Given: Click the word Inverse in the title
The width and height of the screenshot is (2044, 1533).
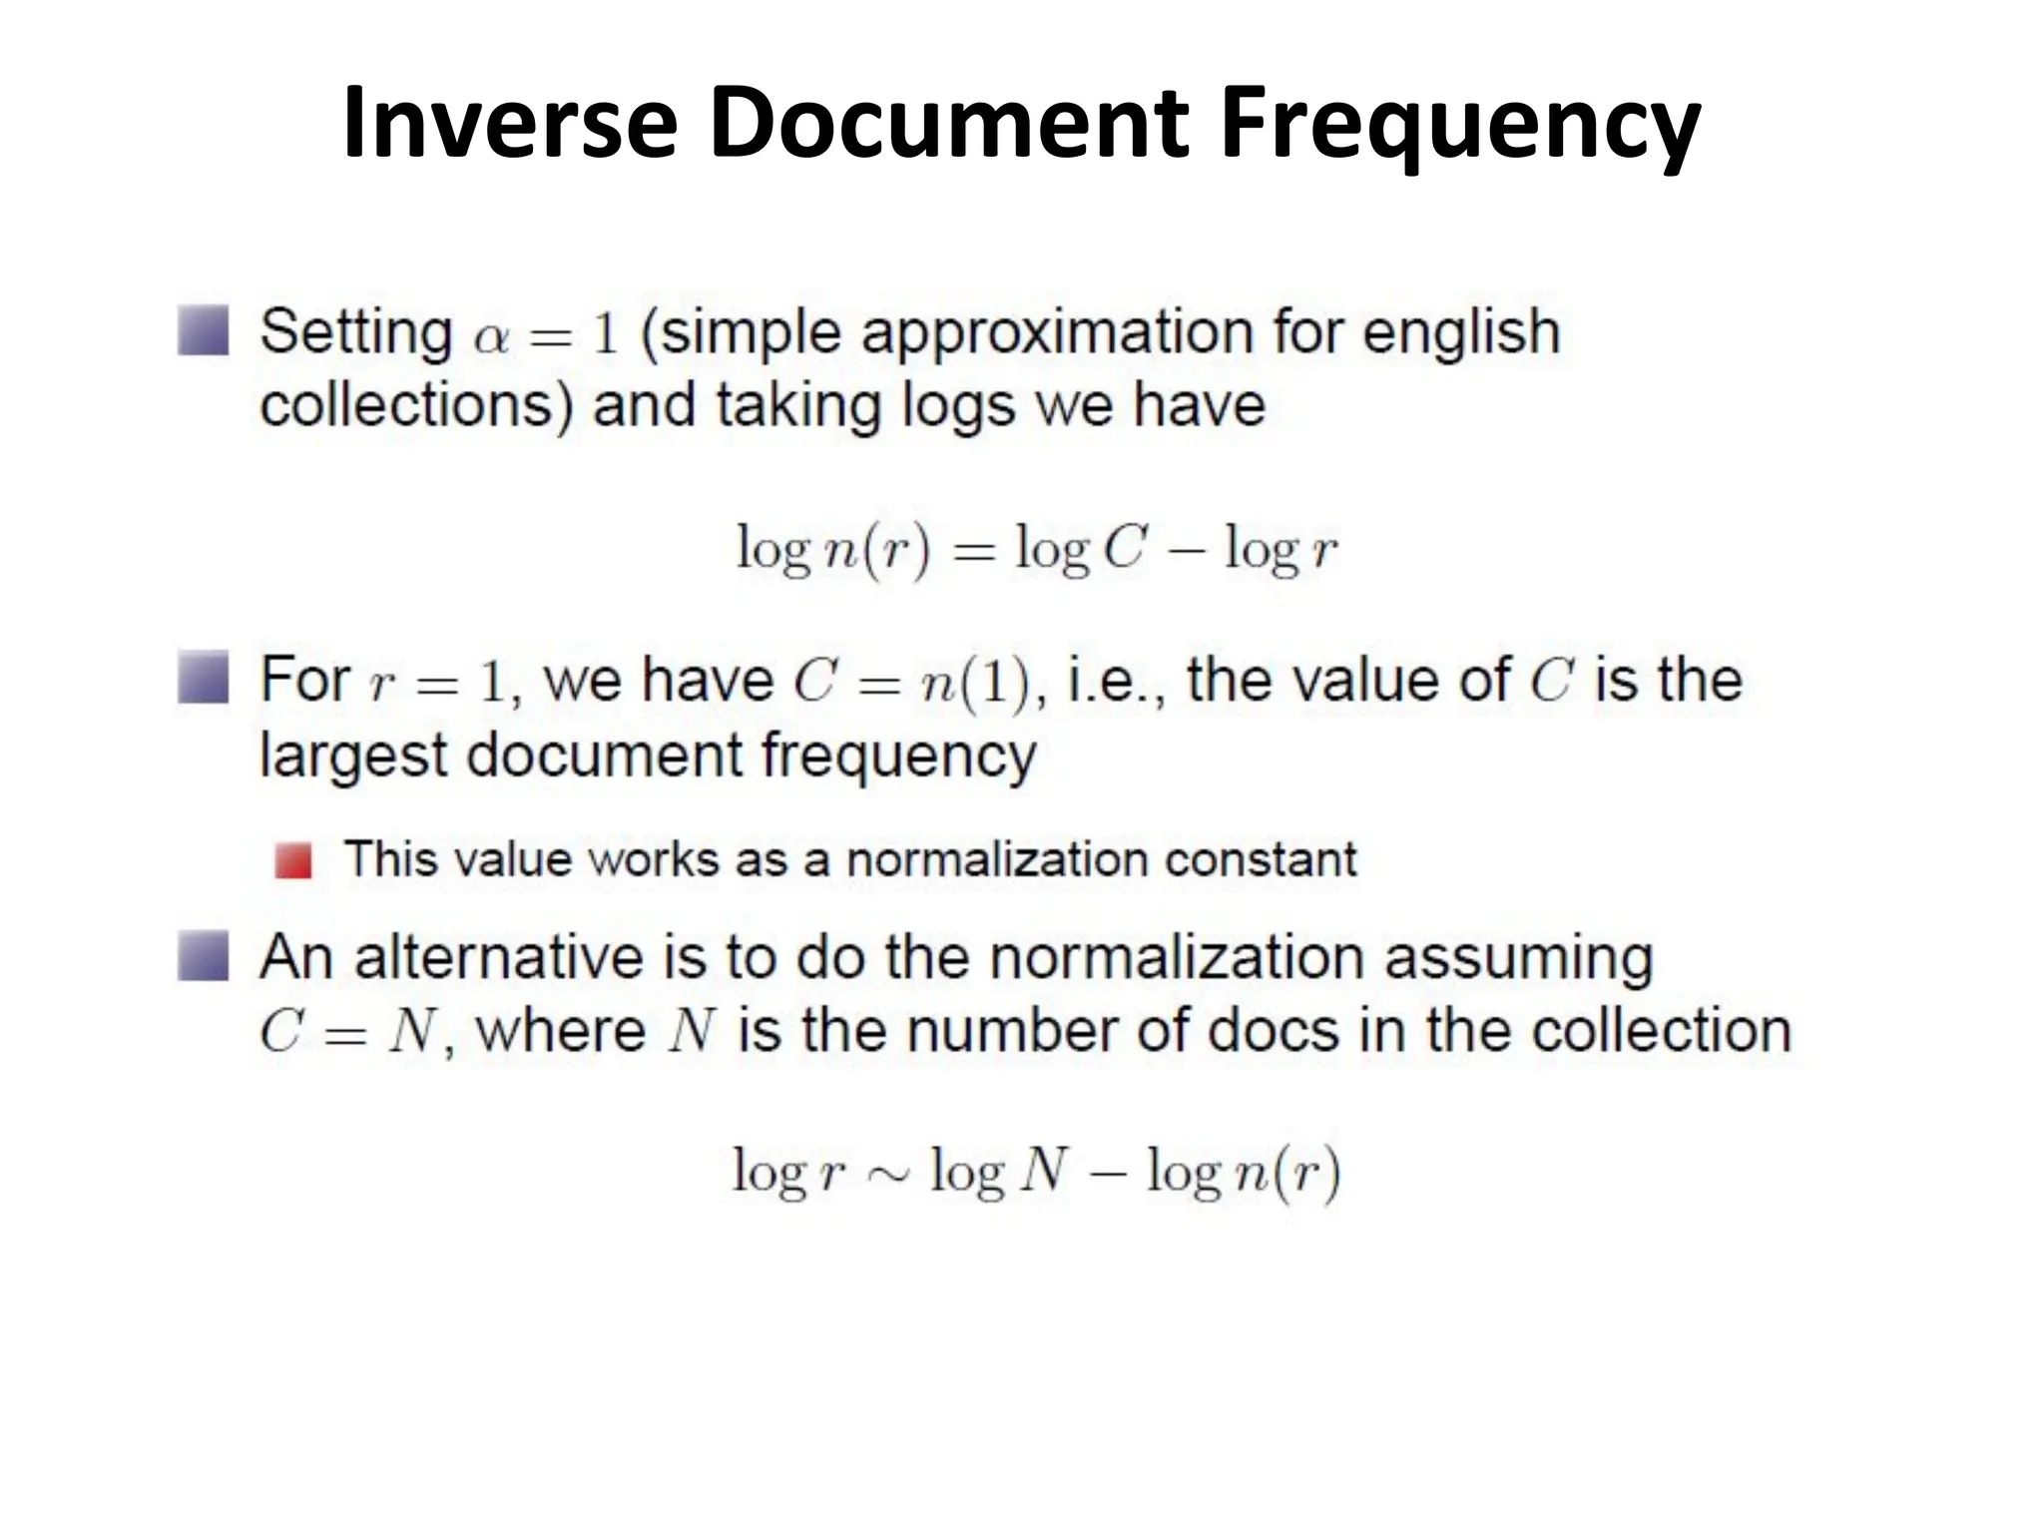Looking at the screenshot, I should click(510, 123).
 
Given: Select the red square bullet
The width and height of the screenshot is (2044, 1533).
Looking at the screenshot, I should click(293, 860).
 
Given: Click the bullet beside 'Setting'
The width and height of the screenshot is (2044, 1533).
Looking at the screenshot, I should click(204, 330).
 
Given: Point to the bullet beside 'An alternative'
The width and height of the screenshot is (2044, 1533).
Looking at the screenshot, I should click(204, 955).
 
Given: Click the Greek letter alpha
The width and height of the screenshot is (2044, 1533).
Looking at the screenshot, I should click(492, 337).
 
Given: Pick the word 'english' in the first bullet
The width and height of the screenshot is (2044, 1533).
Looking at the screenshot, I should click(1461, 333).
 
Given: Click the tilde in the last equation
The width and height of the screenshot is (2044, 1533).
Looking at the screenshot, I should click(888, 1175).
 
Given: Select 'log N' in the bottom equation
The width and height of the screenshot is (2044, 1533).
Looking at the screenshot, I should click(999, 1172).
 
